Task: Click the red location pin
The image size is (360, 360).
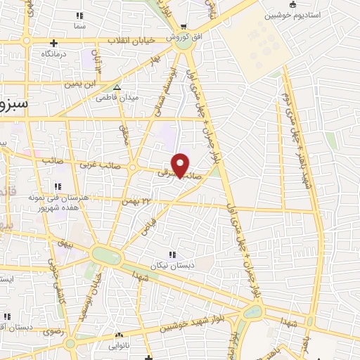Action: click(x=181, y=165)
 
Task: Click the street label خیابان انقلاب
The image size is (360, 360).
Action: click(x=131, y=41)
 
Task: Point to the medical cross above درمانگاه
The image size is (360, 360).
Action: click(x=53, y=43)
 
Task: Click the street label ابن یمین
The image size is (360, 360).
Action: click(x=79, y=84)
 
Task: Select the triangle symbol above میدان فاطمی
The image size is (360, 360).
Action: click(x=118, y=88)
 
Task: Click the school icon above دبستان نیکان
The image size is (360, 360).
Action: click(x=172, y=255)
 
